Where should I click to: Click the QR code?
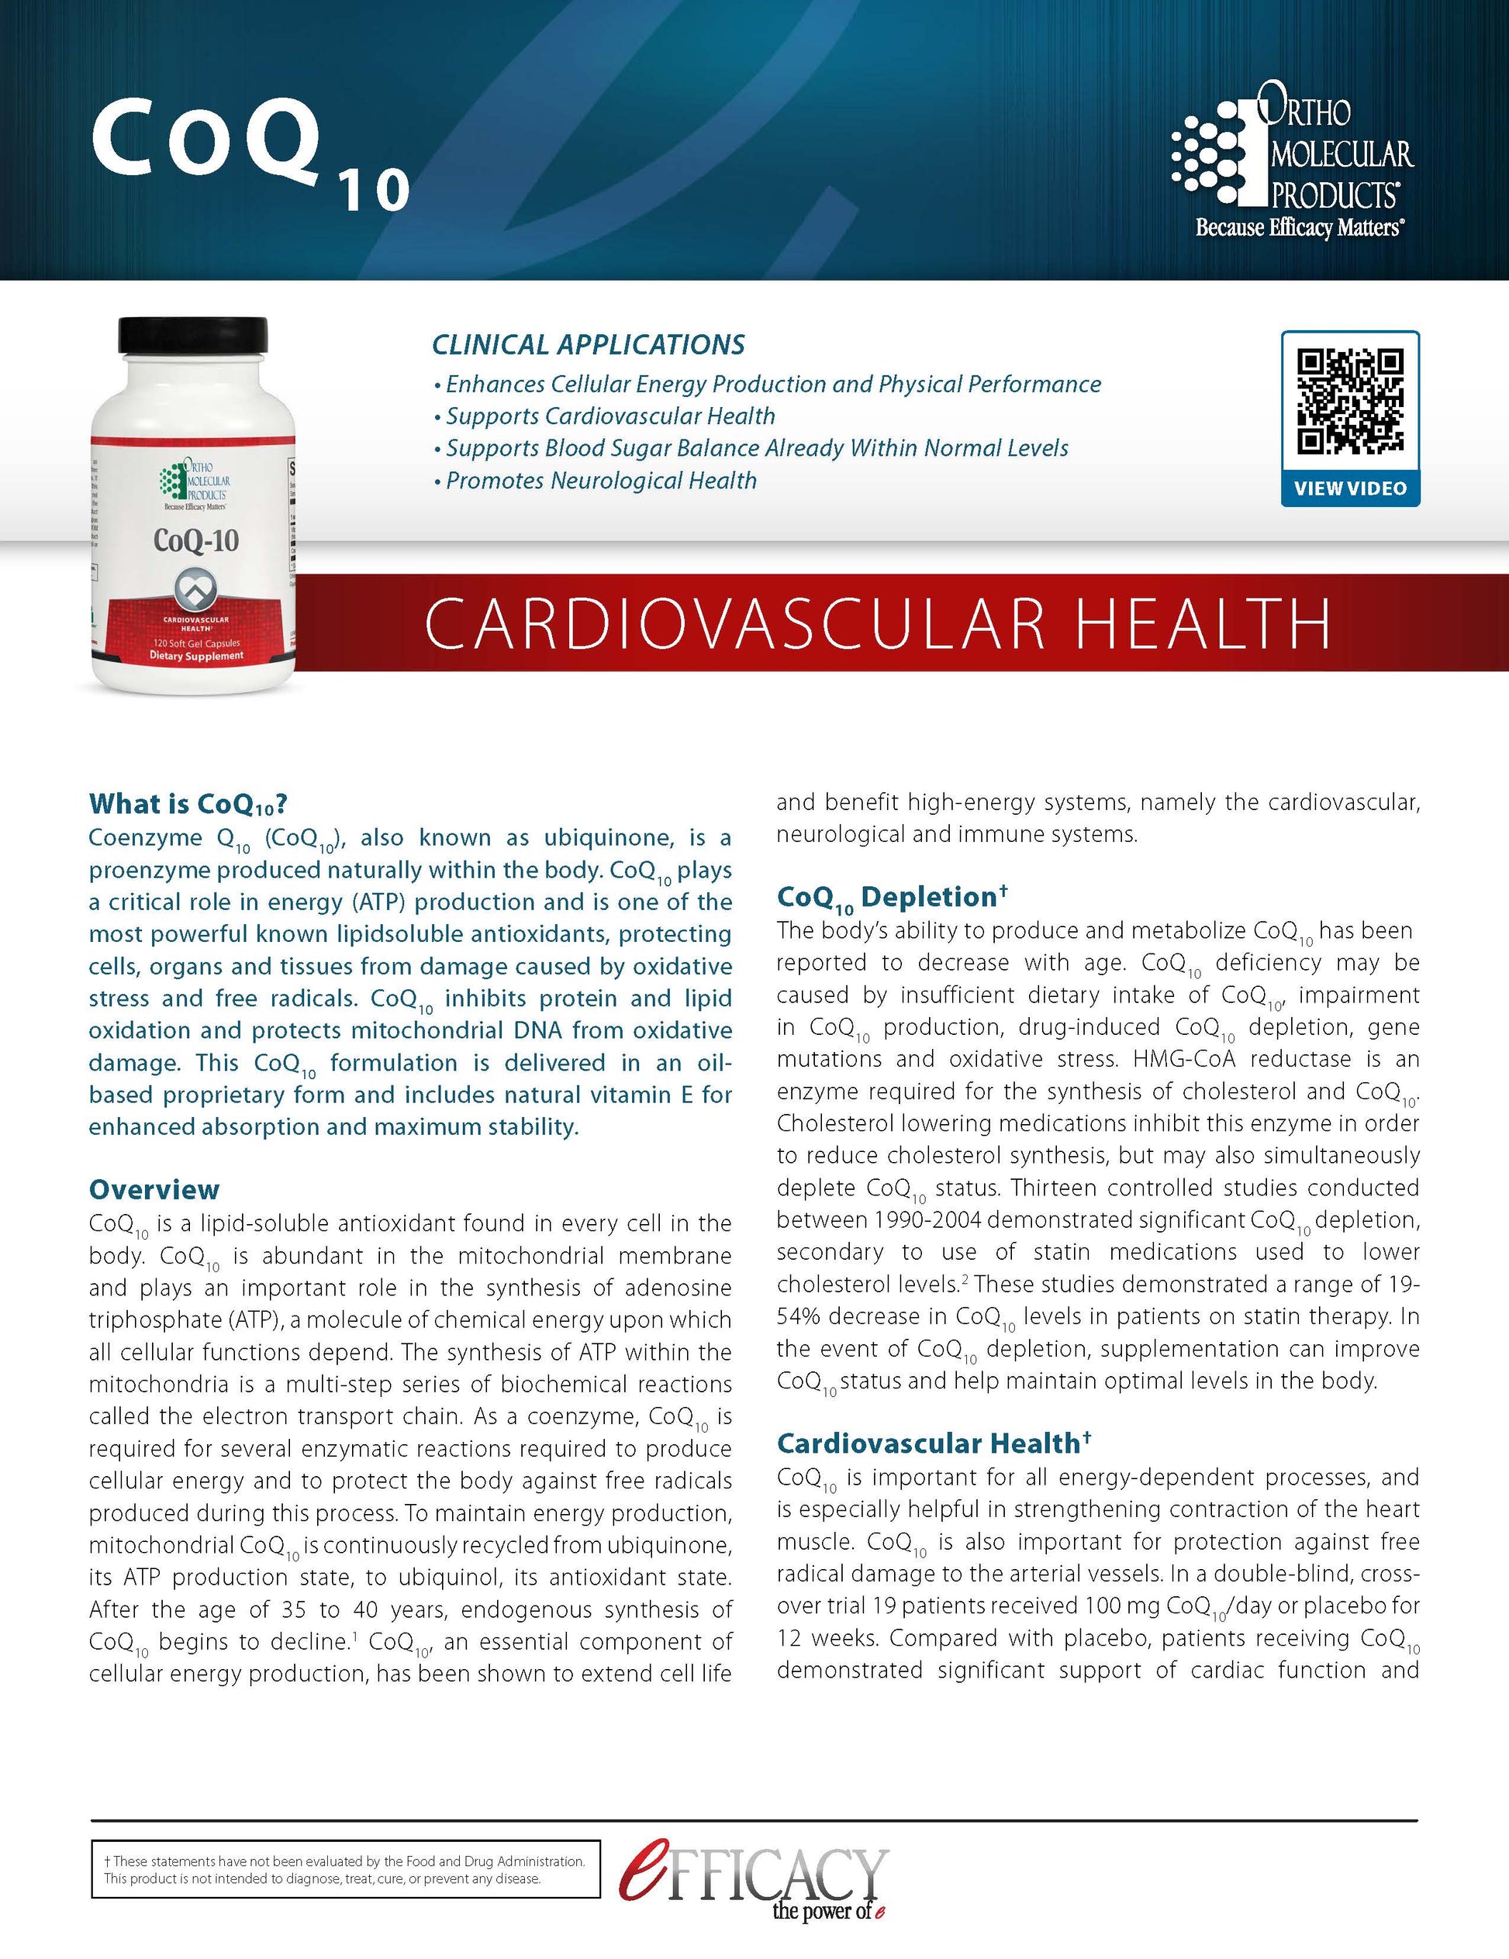point(1350,401)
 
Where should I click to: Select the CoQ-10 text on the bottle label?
point(195,540)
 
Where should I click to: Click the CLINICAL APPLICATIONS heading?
point(589,344)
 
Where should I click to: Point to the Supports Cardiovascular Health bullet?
point(610,416)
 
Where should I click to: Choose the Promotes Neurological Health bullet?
point(601,481)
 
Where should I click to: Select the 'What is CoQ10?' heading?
point(188,804)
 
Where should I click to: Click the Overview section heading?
point(154,1189)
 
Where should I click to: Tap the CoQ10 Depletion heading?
point(892,897)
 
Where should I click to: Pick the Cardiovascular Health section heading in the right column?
point(933,1443)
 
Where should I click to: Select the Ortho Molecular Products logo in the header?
point(1292,153)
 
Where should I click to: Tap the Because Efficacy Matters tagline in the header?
point(1299,228)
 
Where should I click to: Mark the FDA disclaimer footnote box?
point(345,1869)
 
